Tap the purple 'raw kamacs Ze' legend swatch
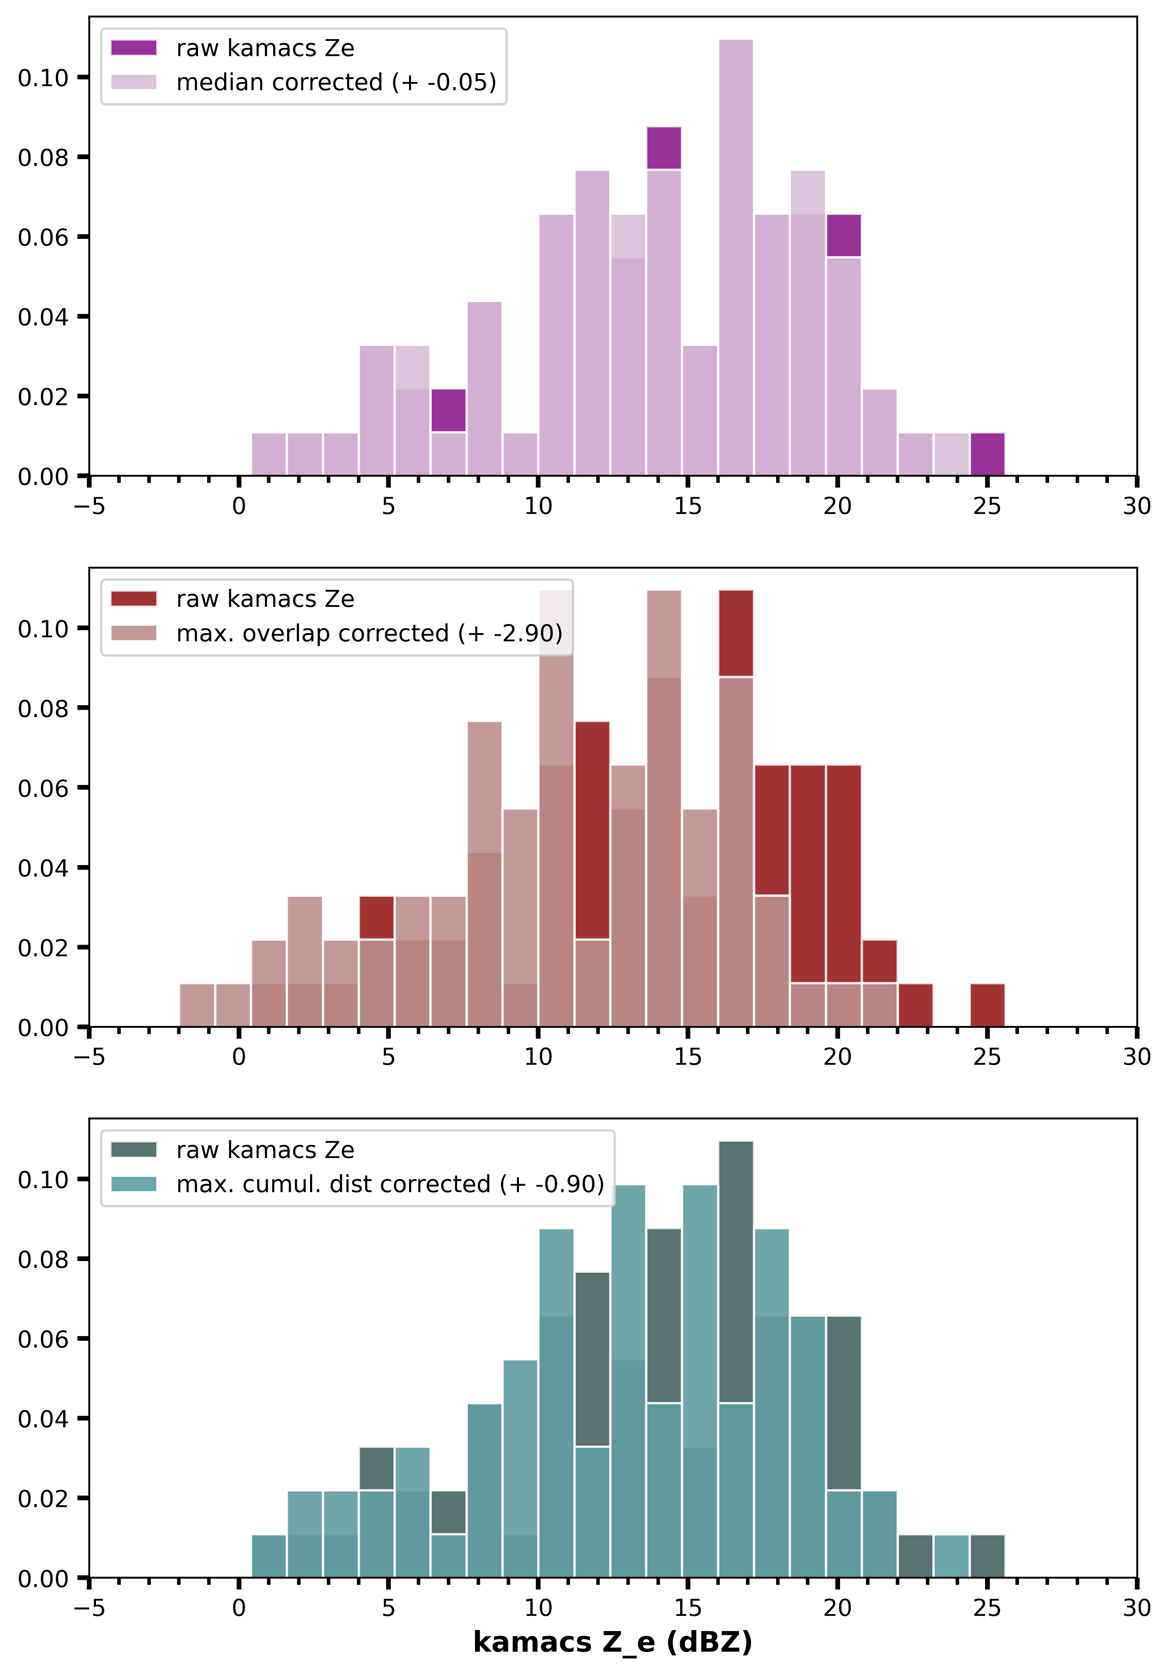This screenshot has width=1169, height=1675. pos(134,48)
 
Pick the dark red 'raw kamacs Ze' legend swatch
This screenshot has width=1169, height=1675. pos(134,599)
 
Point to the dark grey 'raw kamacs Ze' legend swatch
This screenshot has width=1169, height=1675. pos(134,1150)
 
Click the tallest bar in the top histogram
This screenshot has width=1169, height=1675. pos(736,255)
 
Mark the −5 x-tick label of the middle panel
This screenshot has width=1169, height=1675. pos(89,1057)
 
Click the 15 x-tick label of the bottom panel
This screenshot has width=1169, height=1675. pos(687,1608)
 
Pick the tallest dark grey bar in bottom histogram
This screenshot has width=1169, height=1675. pos(736,1270)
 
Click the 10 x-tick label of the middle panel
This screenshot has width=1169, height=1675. pos(538,1057)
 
